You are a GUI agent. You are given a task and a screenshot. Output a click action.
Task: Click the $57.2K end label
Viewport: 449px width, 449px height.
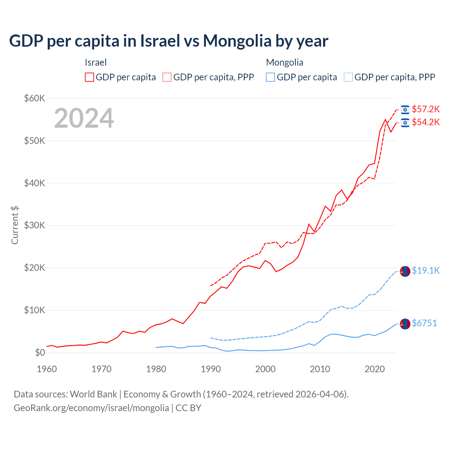(425, 109)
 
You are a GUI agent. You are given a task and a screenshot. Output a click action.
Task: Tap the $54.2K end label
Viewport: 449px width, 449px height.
(425, 122)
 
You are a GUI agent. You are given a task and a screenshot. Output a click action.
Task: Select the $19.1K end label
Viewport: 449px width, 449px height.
(425, 270)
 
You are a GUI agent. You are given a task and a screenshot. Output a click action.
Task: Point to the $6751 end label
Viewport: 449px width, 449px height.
(424, 323)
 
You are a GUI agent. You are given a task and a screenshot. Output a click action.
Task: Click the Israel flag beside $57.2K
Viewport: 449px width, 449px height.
(405, 110)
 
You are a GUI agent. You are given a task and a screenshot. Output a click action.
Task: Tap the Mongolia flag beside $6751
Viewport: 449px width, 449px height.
(405, 324)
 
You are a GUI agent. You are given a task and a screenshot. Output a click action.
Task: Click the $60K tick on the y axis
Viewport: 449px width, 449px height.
(35, 98)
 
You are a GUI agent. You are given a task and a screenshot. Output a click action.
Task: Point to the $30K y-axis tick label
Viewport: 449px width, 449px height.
(35, 226)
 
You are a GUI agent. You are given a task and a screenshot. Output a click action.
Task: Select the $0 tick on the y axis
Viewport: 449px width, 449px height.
(40, 353)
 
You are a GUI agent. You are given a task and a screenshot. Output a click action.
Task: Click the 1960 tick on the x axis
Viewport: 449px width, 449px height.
(47, 369)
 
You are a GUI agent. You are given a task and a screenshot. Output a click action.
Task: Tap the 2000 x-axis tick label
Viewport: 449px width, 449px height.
(266, 369)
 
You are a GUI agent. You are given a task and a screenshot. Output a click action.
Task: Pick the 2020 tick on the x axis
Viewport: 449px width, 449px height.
(375, 369)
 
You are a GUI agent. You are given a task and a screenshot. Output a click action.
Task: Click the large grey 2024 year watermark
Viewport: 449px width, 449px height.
(84, 118)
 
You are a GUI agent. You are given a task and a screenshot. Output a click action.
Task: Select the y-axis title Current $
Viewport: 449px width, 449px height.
(15, 225)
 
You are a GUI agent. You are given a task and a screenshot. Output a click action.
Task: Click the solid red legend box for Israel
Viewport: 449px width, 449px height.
(89, 77)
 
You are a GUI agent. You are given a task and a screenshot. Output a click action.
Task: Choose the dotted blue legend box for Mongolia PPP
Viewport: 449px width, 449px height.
(348, 77)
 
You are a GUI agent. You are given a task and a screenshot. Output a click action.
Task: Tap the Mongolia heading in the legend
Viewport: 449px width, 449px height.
(284, 62)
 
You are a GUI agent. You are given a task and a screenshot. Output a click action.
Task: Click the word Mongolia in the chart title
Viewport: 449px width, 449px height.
(237, 41)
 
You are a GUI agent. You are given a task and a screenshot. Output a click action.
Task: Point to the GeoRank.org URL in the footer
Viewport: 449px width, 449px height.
(91, 408)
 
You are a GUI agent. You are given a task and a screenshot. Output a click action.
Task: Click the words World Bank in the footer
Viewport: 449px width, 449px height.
(93, 394)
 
